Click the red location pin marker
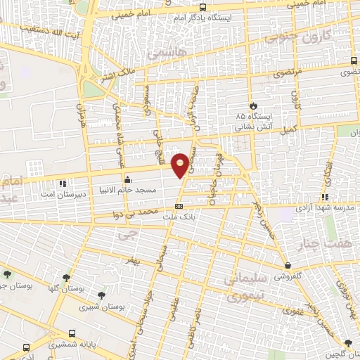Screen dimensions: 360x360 181,164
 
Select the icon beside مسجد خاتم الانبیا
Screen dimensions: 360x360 127,178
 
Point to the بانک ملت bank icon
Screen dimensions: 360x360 179,206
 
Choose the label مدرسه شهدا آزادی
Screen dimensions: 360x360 325,209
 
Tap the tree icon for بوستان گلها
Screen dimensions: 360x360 66,278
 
